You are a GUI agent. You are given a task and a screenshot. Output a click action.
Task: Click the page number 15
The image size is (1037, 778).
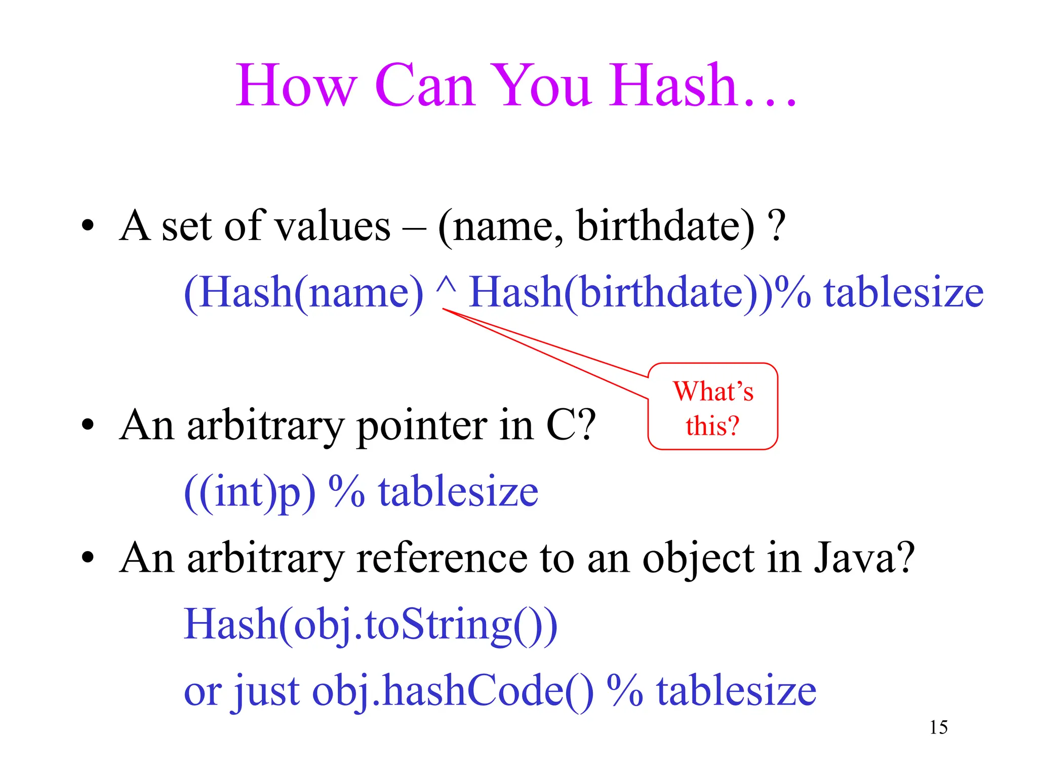coord(938,727)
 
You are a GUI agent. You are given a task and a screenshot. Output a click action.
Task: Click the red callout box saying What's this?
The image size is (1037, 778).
coord(712,407)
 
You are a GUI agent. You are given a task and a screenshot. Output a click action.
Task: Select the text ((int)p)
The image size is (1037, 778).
coord(250,492)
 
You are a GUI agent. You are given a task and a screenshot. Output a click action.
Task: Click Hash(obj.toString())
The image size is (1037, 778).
coord(370,625)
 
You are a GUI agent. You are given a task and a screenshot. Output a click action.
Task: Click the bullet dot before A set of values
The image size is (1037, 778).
coord(88,225)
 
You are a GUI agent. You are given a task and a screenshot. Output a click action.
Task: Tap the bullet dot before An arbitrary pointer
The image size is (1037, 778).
coord(88,424)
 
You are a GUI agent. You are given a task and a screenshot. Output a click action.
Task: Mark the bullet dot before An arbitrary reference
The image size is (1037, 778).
coord(88,557)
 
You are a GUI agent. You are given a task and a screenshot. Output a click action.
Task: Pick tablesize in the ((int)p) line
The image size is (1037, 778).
coord(458,492)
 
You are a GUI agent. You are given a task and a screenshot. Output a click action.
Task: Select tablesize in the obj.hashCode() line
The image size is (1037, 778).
coord(736,691)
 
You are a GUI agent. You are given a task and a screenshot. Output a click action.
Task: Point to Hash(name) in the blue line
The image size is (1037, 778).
coord(303,292)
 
